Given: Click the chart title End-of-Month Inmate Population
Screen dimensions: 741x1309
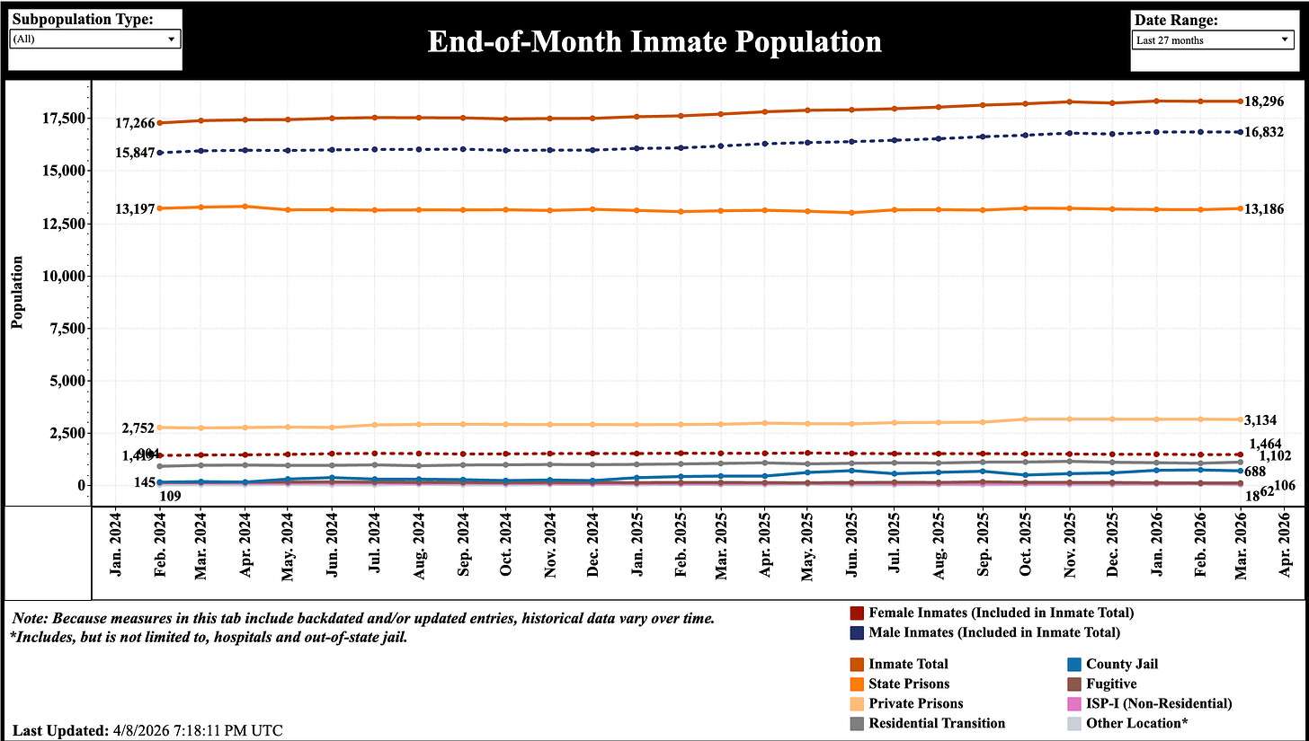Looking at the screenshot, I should pyautogui.click(x=654, y=41).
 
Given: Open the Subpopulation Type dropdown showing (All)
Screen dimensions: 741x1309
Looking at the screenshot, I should pyautogui.click(x=94, y=40).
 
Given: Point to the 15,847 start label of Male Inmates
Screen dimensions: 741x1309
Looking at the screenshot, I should pyautogui.click(x=134, y=154).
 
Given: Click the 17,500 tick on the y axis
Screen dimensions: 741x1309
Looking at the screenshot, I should pyautogui.click(x=60, y=119).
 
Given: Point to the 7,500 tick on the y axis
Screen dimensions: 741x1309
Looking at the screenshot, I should pyautogui.click(x=65, y=329).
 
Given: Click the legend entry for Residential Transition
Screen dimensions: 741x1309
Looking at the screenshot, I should pyautogui.click(x=937, y=723).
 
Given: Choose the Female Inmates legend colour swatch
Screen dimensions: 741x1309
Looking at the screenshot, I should pyautogui.click(x=856, y=613).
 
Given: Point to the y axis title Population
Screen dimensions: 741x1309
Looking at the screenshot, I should pyautogui.click(x=17, y=293).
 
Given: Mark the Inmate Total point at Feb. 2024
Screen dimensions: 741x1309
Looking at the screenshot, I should pyautogui.click(x=159, y=123).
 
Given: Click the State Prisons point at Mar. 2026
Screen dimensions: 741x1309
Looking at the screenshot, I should pyautogui.click(x=1240, y=208).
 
